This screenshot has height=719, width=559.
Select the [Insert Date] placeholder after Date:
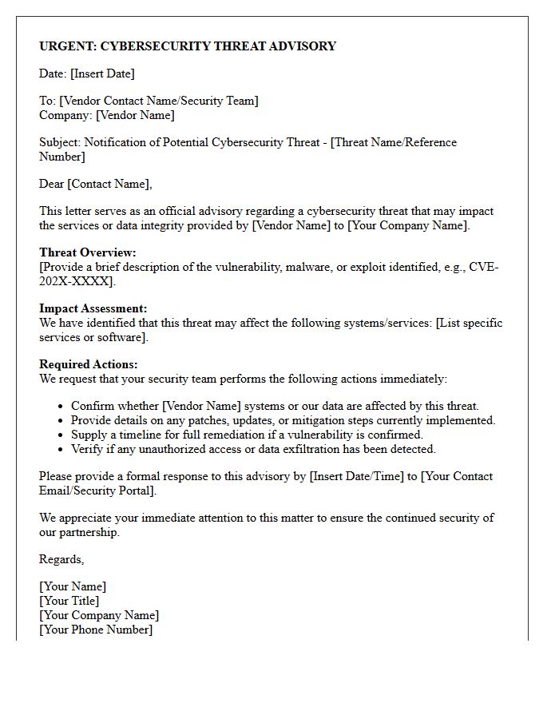click(x=102, y=73)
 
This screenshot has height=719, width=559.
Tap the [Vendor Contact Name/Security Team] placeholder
click(x=159, y=101)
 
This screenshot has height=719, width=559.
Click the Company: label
click(x=65, y=115)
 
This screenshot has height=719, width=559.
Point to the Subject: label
click(x=60, y=142)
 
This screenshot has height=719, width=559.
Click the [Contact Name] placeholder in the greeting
click(x=109, y=184)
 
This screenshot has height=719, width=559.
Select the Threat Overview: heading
click(x=88, y=252)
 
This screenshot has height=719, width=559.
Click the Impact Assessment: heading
click(x=93, y=308)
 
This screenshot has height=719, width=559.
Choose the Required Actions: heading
click(x=88, y=364)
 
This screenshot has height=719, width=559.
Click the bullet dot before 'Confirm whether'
click(x=61, y=407)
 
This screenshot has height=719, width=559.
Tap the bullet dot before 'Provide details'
click(x=61, y=421)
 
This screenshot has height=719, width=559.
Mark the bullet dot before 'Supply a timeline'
click(x=61, y=435)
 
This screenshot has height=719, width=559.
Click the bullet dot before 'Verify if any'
click(x=61, y=450)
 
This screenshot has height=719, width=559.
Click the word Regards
click(x=61, y=559)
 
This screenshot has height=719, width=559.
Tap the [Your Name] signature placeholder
click(x=73, y=586)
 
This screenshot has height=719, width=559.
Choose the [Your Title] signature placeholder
click(x=69, y=601)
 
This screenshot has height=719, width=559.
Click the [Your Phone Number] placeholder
click(x=96, y=630)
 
